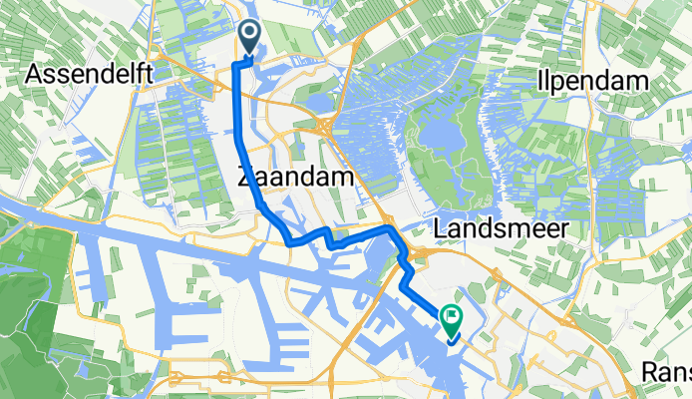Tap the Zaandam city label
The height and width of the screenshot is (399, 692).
pos(296,178)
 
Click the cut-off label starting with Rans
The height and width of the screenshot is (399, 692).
pos(665,371)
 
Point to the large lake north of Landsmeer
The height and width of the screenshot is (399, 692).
pos(442,139)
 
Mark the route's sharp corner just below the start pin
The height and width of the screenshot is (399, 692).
pos(236,63)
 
